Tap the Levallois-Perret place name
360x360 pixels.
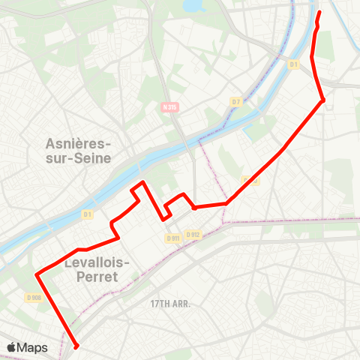pos(98,269)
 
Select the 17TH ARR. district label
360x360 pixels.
pos(169,304)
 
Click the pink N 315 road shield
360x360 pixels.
pos(169,107)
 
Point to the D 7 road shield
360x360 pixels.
pos(235,101)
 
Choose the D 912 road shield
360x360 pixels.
pos(193,234)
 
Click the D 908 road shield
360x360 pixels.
pos(33,298)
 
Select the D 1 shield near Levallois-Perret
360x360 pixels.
pos(87,215)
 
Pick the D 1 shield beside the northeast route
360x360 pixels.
pos(294,64)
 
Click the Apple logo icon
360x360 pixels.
pos(12,347)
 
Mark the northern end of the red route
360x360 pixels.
pos(319,12)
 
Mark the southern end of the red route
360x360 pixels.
pos(76,346)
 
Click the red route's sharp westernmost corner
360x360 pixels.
pos(36,275)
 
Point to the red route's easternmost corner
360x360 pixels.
pos(323,100)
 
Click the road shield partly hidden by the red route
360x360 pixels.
pos(250,180)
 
